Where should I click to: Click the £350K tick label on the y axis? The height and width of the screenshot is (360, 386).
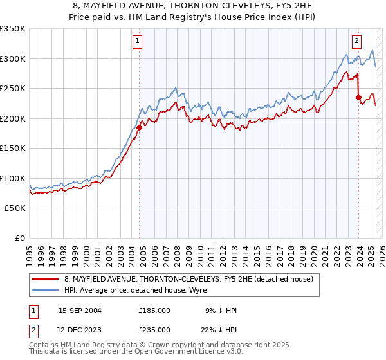click(x=13, y=29)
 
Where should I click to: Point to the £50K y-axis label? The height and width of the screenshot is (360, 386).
click(x=15, y=208)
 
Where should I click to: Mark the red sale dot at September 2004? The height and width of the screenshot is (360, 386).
click(x=139, y=127)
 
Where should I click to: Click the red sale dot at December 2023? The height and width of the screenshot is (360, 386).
click(x=358, y=98)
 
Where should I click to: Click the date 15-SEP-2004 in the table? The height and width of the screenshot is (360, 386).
click(x=80, y=310)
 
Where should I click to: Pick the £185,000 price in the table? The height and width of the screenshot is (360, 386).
click(x=154, y=310)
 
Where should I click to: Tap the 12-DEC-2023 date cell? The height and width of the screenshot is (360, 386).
click(x=80, y=329)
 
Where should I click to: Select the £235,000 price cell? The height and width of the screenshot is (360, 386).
click(x=154, y=329)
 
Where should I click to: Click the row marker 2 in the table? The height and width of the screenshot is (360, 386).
click(x=33, y=329)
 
